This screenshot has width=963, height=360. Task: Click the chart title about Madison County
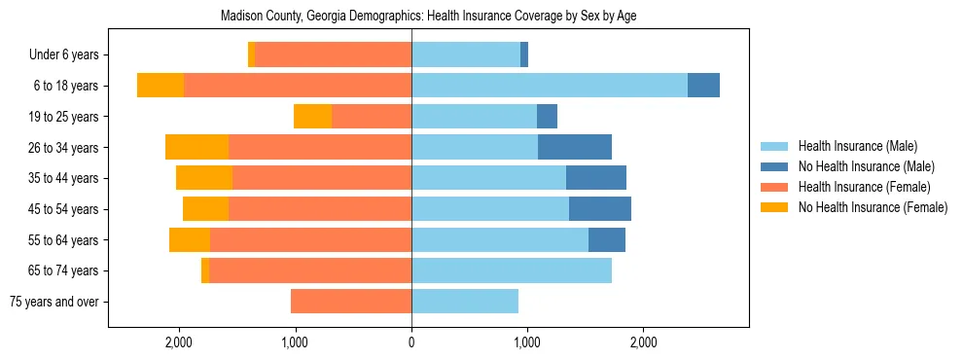click(428, 17)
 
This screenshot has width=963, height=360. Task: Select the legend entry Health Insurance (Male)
click(857, 146)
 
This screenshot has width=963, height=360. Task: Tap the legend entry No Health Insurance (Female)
click(873, 207)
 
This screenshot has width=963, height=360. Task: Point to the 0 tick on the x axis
click(411, 342)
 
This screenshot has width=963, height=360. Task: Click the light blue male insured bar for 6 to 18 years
click(550, 86)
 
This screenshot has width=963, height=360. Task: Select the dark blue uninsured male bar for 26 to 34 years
click(575, 147)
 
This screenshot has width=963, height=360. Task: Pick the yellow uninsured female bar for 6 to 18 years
click(160, 86)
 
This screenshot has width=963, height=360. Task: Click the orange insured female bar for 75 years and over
click(351, 302)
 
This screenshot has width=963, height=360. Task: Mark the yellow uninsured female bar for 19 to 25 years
click(312, 117)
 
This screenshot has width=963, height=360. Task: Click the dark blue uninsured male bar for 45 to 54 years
click(600, 209)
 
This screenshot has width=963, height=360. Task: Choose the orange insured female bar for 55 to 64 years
click(310, 239)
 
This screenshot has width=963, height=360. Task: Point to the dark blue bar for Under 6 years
click(524, 54)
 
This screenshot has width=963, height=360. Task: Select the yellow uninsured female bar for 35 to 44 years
click(204, 178)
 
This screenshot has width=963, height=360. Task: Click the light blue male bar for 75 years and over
click(465, 302)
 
